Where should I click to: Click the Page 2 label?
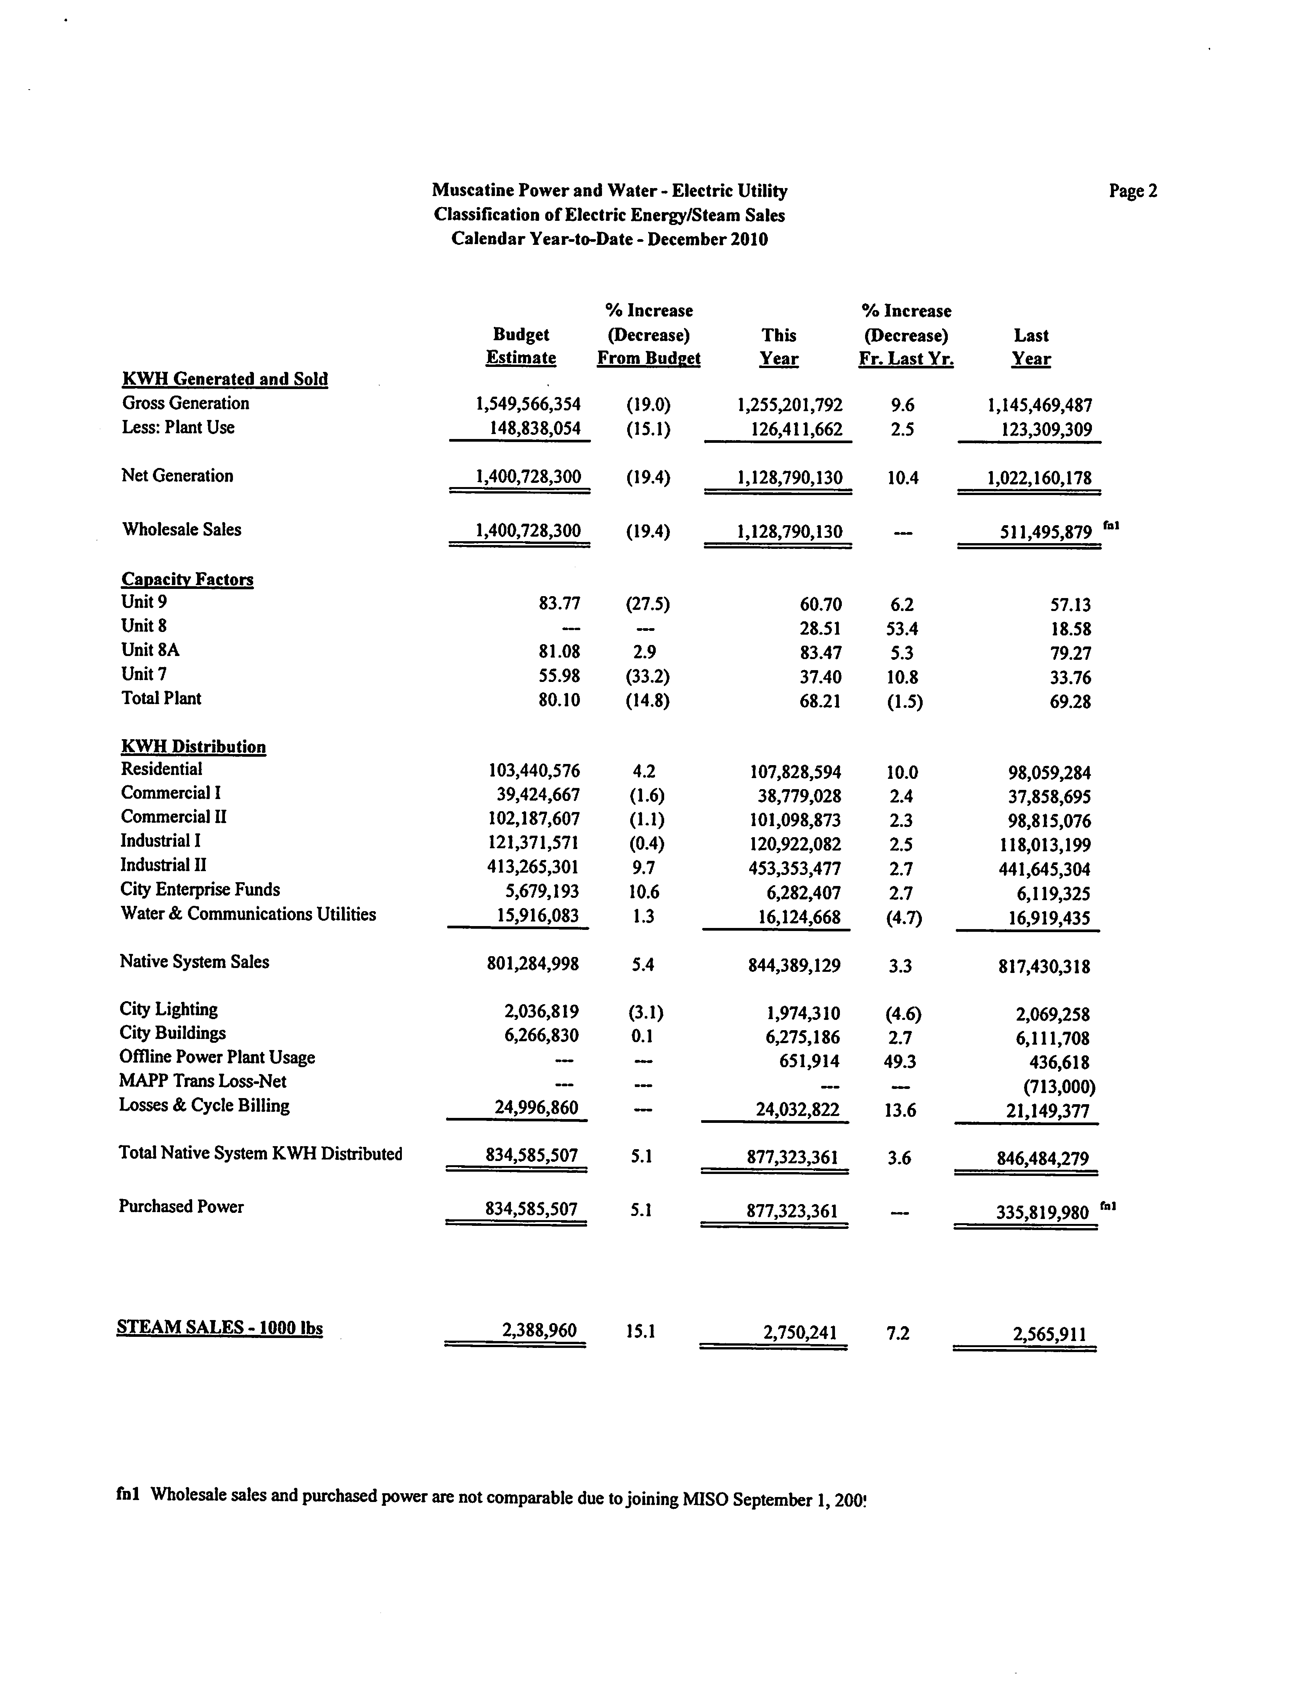pyautogui.click(x=1132, y=191)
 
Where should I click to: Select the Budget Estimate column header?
pyautogui.click(x=521, y=347)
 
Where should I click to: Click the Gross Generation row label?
pyautogui.click(x=186, y=403)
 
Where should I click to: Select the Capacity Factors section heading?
pyautogui.click(x=187, y=579)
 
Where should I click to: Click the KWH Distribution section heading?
pyautogui.click(x=193, y=746)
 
